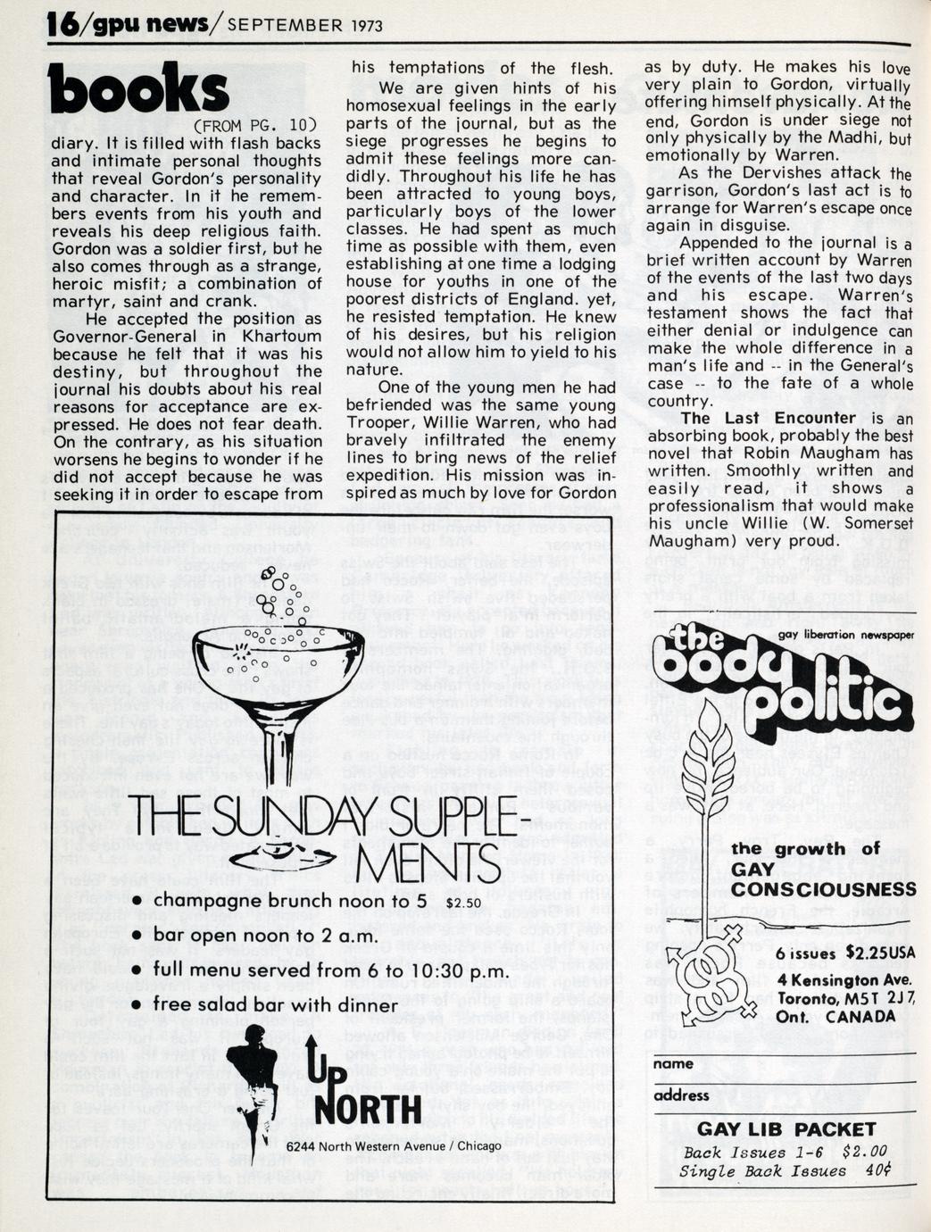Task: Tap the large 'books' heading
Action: click(138, 90)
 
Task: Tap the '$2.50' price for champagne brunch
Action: click(462, 903)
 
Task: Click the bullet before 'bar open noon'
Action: click(137, 936)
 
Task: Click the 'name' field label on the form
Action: click(673, 1063)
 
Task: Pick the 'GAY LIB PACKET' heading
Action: click(786, 1129)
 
